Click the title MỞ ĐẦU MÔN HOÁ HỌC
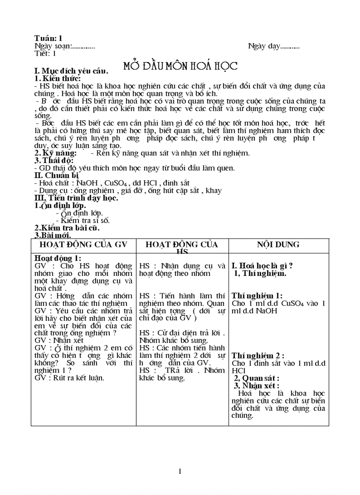(180, 67)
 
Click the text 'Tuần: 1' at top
(48, 38)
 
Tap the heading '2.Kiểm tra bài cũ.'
(67, 228)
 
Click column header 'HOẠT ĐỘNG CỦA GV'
(83, 245)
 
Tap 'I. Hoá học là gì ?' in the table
(262, 266)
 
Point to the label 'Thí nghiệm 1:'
(257, 296)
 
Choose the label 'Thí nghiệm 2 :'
(258, 356)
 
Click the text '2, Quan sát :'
(256, 378)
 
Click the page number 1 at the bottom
(180, 471)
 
